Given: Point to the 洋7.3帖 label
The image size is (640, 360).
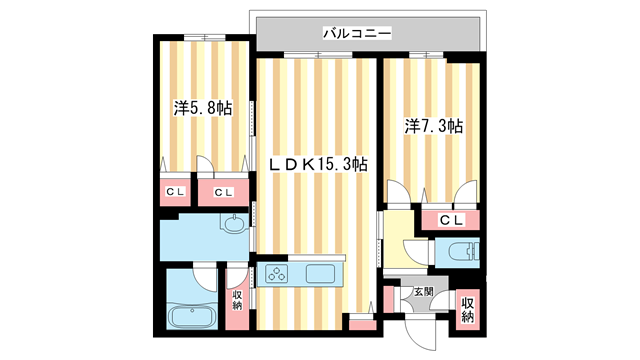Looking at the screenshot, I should pos(433,127).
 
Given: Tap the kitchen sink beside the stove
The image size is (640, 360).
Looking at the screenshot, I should pos(323,274).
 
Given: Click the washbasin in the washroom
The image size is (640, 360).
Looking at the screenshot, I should pos(234,226).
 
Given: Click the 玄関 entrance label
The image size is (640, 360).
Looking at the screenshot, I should pos(424,292).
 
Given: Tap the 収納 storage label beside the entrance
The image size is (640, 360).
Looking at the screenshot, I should pos(468,310).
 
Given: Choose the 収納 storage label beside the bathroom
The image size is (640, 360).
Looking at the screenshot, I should pos(238,301).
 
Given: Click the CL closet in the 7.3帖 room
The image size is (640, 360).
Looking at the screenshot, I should pos(450,219).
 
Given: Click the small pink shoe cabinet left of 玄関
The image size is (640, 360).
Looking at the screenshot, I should pos(389,298).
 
